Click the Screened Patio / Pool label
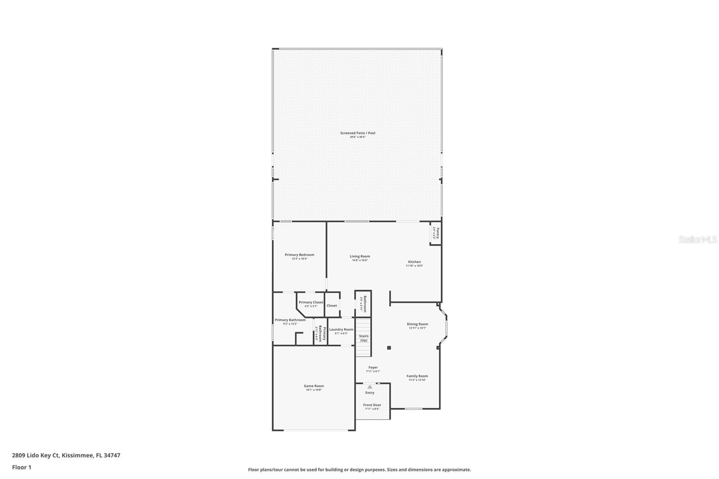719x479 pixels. click(357, 133)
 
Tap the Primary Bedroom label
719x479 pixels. click(299, 255)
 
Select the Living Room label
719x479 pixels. click(360, 257)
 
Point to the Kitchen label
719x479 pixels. click(414, 262)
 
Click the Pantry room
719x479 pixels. click(435, 233)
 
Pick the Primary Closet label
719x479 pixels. click(311, 302)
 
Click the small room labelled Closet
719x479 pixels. click(332, 306)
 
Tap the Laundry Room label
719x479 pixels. click(341, 329)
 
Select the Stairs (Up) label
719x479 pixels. click(364, 338)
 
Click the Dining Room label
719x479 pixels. click(417, 324)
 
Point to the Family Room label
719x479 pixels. click(417, 376)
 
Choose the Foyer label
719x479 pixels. click(373, 368)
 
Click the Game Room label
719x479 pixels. click(314, 386)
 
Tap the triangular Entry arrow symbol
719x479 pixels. click(369, 386)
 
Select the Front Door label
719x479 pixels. click(372, 405)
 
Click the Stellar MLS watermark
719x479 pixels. click(697, 240)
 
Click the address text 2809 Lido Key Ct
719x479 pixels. click(36, 455)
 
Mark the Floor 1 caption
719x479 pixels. click(22, 467)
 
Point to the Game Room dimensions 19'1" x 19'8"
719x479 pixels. click(314, 390)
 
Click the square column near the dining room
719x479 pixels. click(389, 347)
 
